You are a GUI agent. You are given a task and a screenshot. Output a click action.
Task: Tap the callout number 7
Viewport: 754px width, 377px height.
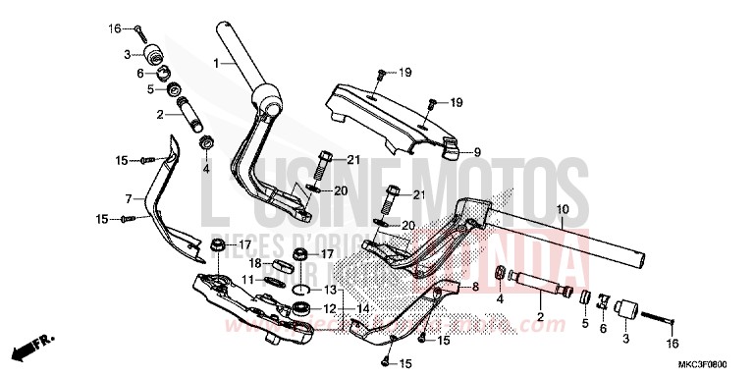(x=128, y=198)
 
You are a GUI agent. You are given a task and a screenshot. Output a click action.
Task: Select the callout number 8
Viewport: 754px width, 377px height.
(x=475, y=287)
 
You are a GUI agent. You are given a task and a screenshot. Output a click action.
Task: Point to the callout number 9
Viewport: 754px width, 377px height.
(x=476, y=152)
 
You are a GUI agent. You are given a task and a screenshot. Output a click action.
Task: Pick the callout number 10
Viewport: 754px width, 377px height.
(x=563, y=210)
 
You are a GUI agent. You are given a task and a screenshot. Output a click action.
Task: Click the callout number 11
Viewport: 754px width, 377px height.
(x=247, y=280)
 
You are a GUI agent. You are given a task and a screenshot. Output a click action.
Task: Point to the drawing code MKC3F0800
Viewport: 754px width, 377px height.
(x=714, y=364)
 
